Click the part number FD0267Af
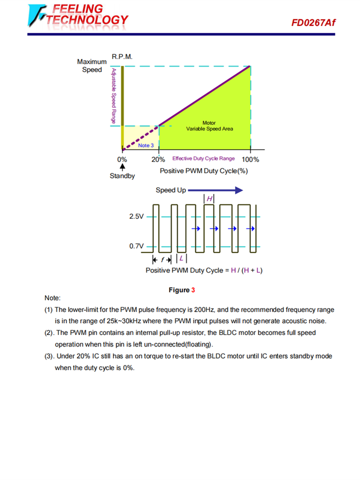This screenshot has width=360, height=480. [x=313, y=23]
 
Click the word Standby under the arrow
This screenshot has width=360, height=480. [x=122, y=176]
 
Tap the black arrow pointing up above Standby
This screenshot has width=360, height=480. [x=122, y=168]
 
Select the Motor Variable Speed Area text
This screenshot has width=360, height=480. [x=210, y=126]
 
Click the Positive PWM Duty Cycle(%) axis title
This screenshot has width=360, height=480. [x=204, y=171]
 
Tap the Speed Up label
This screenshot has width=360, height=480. [x=170, y=190]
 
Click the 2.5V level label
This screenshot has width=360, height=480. [x=136, y=217]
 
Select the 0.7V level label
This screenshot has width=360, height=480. [x=136, y=246]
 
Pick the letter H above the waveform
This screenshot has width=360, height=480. [x=209, y=199]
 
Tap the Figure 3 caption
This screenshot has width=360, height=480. [x=181, y=290]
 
